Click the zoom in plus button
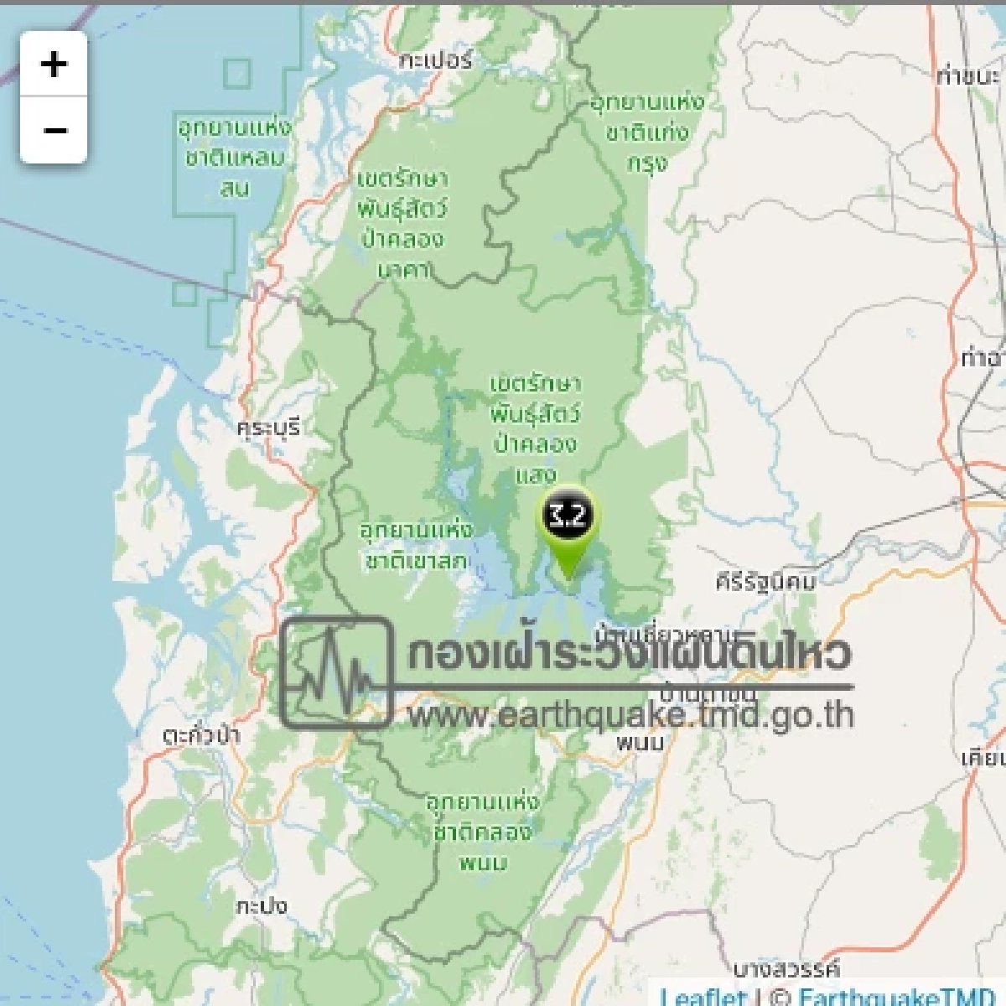click(x=54, y=64)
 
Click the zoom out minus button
click(x=54, y=131)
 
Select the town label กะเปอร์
click(x=436, y=60)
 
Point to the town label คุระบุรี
click(x=268, y=428)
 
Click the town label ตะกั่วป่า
click(x=201, y=736)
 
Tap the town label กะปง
click(x=261, y=905)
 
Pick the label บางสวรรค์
click(x=786, y=970)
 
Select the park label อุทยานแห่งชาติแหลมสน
click(x=235, y=158)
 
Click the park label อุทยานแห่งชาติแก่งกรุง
click(x=647, y=132)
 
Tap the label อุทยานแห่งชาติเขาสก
click(x=416, y=546)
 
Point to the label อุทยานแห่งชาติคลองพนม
click(x=483, y=832)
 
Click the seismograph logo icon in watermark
click(x=337, y=672)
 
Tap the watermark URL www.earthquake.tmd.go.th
click(x=630, y=716)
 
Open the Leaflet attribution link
click(x=703, y=997)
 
